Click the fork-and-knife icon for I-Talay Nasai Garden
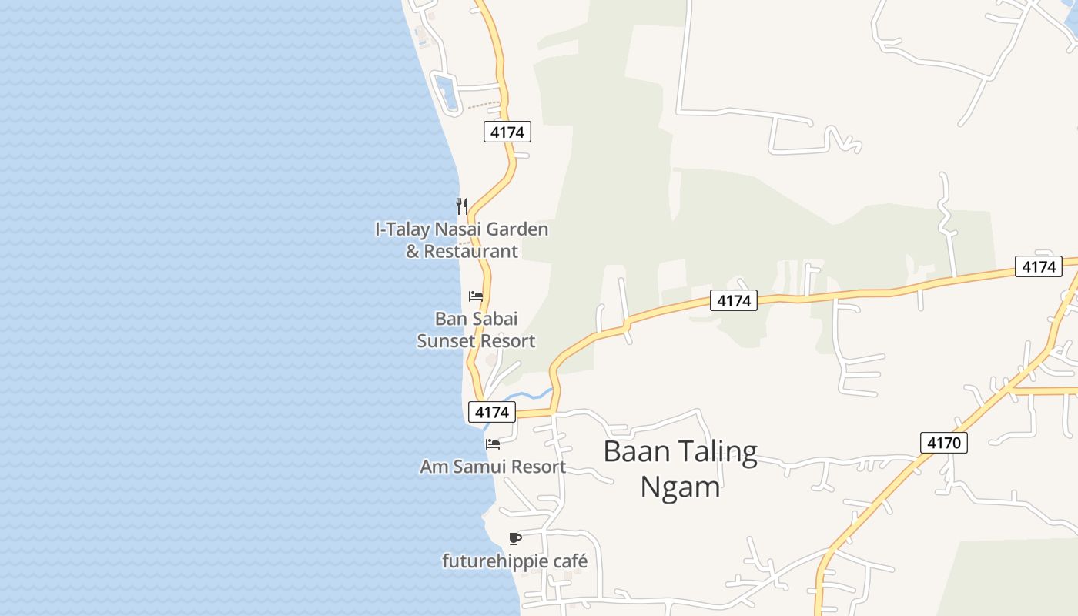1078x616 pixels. pos(461,206)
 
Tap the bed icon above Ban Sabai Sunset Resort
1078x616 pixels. pos(476,296)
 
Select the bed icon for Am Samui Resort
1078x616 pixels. pos(493,444)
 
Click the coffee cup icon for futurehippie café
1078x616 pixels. pos(515,538)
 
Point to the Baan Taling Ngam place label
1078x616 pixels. pos(681,469)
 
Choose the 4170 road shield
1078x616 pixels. pos(943,443)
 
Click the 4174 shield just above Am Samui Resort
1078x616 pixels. pos(492,412)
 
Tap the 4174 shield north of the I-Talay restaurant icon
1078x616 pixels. pos(507,132)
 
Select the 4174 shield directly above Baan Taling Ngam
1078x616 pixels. pos(733,300)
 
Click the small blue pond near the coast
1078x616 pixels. pos(445,91)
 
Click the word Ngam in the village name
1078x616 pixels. pos(681,487)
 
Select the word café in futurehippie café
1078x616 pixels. pos(570,561)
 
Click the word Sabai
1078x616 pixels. pos(498,319)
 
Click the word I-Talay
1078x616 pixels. pos(403,229)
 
